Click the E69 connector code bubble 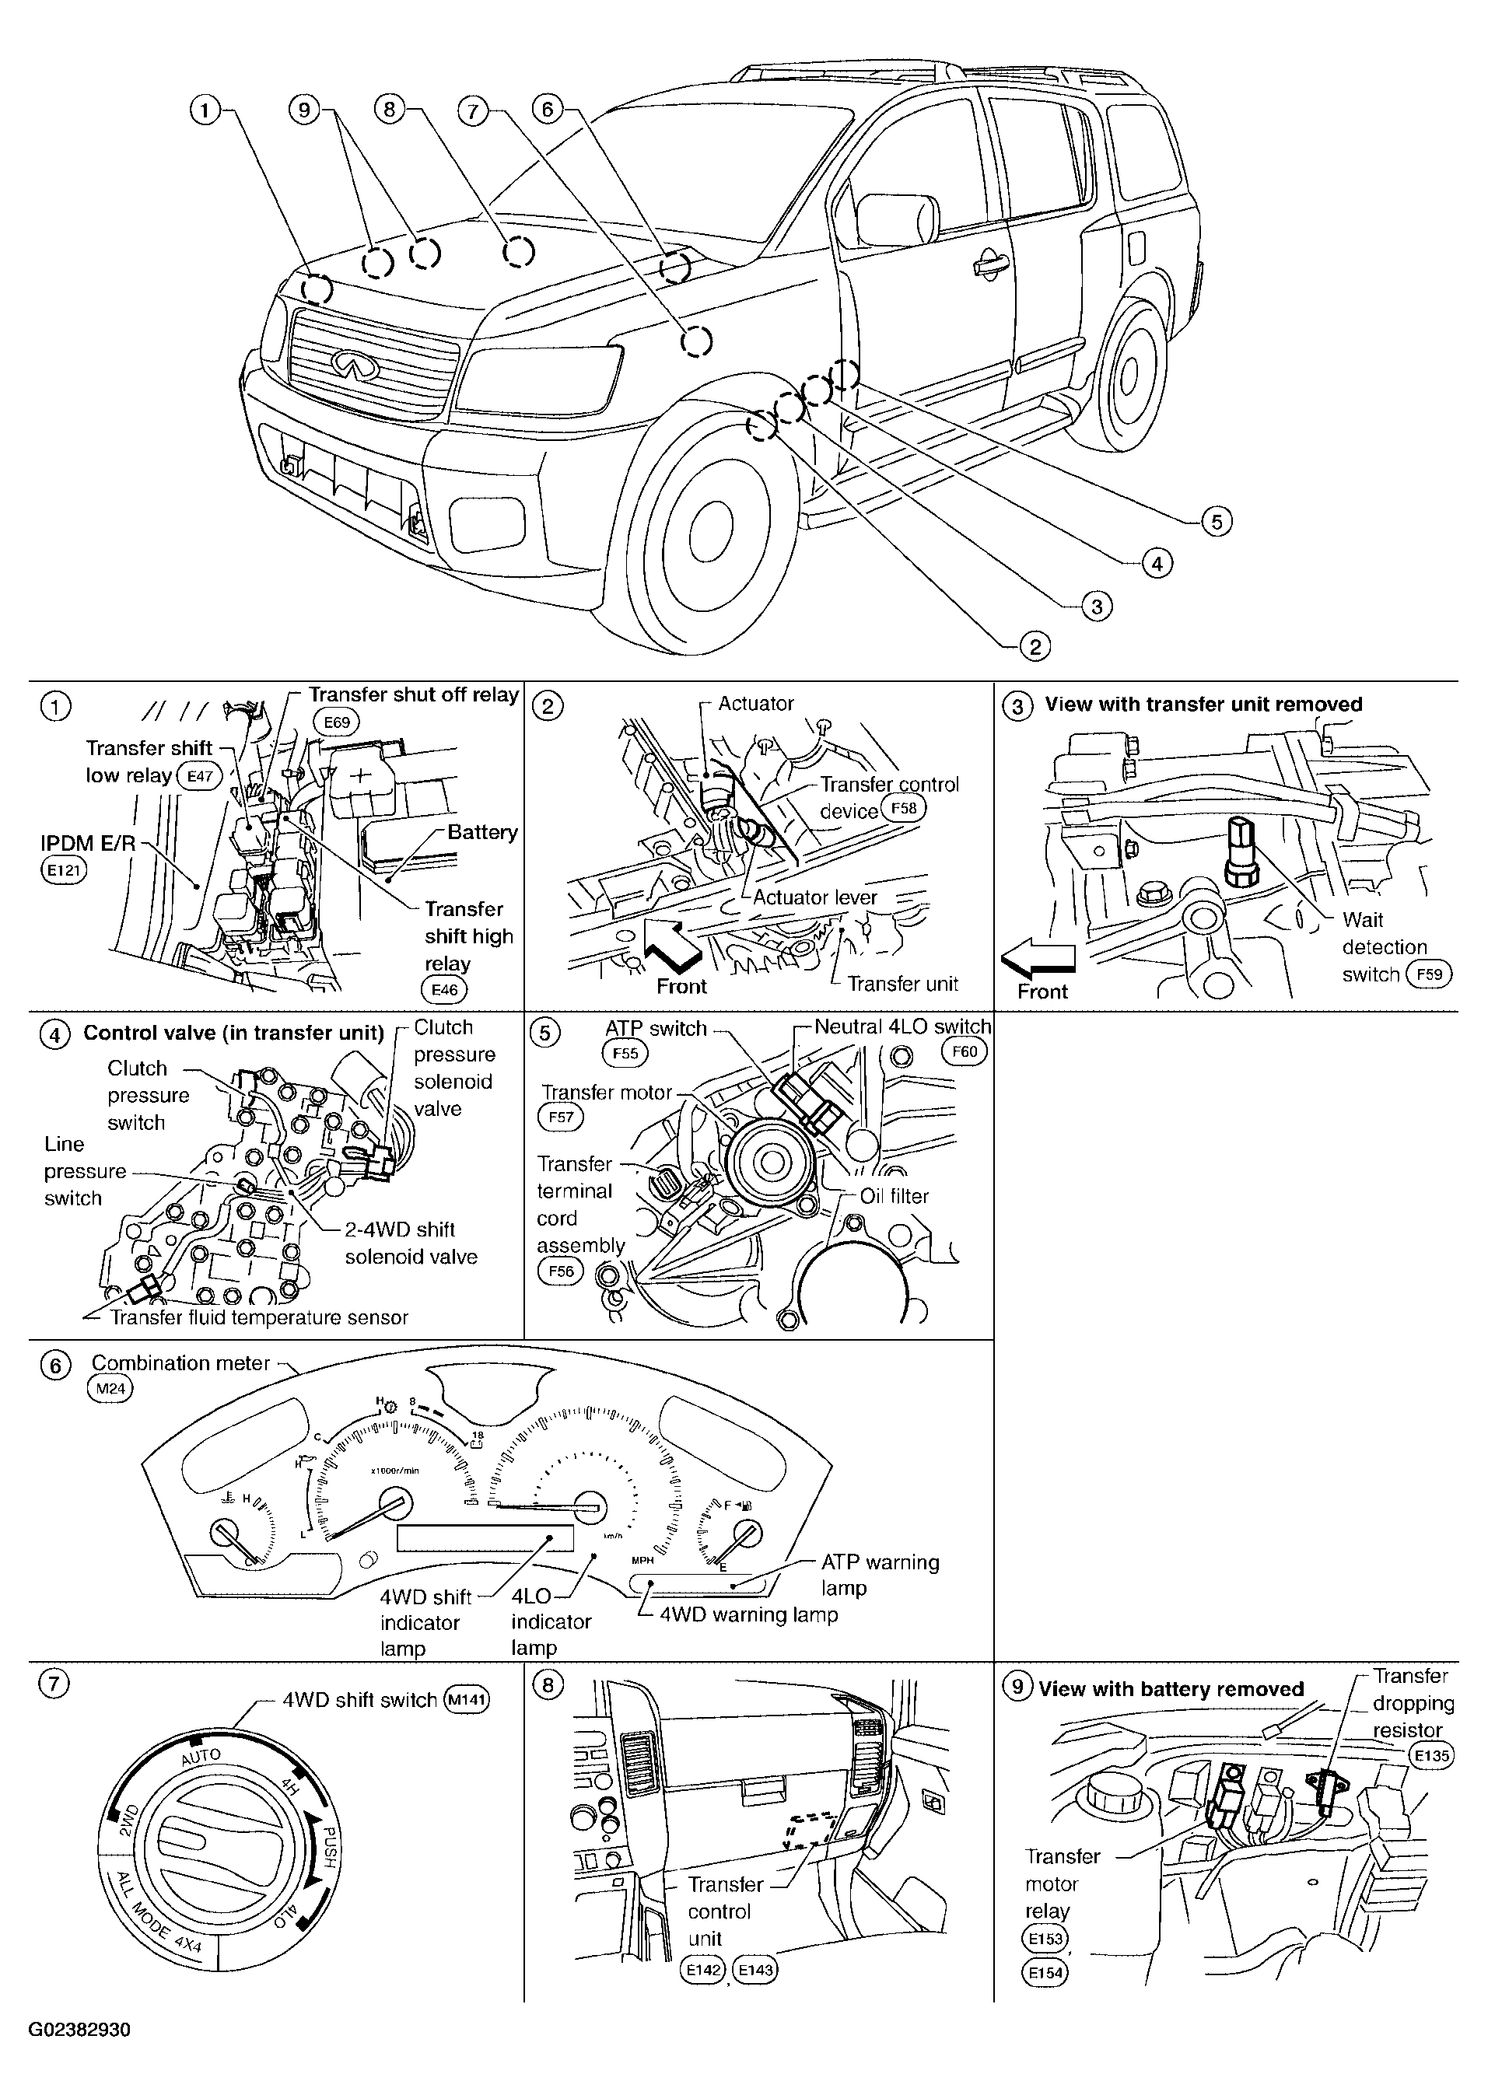[337, 722]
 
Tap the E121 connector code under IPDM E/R [64, 869]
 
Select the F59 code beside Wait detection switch [1430, 974]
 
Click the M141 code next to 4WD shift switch [467, 1700]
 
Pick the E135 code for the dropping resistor [1431, 1756]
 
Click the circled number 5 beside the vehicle [1217, 521]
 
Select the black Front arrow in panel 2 [675, 946]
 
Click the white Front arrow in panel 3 [1038, 959]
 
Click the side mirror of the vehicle [896, 219]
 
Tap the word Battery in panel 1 [482, 832]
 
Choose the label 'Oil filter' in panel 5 [895, 1195]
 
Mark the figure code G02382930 [79, 2029]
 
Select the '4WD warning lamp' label [748, 1614]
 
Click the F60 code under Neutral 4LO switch [965, 1051]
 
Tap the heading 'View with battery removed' [1171, 1689]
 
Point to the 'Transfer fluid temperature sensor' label [259, 1317]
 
